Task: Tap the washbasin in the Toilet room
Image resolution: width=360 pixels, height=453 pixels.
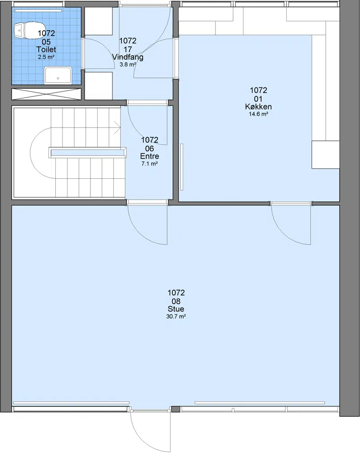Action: pyautogui.click(x=58, y=75)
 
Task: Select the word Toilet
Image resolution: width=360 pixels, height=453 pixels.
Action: pyautogui.click(x=46, y=50)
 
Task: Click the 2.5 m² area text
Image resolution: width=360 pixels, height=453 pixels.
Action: pyautogui.click(x=46, y=57)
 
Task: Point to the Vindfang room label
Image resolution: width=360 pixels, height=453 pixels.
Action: pyautogui.click(x=128, y=57)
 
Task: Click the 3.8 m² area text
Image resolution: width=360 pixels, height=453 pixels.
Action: pyautogui.click(x=128, y=64)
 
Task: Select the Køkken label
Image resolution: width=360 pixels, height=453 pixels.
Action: pyautogui.click(x=258, y=107)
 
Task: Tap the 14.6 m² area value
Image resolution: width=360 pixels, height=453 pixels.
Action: pyautogui.click(x=258, y=114)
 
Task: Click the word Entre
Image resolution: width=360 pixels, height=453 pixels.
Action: pyautogui.click(x=149, y=156)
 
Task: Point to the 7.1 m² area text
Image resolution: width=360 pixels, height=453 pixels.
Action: pyautogui.click(x=149, y=164)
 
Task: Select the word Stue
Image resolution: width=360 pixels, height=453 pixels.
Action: pyautogui.click(x=176, y=309)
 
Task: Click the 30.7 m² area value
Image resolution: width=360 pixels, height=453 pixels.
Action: pyautogui.click(x=176, y=317)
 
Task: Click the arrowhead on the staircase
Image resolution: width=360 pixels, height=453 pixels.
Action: pyautogui.click(x=117, y=127)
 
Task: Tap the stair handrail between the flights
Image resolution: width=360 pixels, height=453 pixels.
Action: pyautogui.click(x=88, y=152)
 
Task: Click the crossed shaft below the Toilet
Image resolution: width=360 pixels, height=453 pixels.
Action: pyautogui.click(x=46, y=94)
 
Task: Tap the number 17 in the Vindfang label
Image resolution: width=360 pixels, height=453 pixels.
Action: pyautogui.click(x=128, y=50)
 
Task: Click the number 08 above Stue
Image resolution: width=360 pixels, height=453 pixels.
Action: pyautogui.click(x=176, y=301)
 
